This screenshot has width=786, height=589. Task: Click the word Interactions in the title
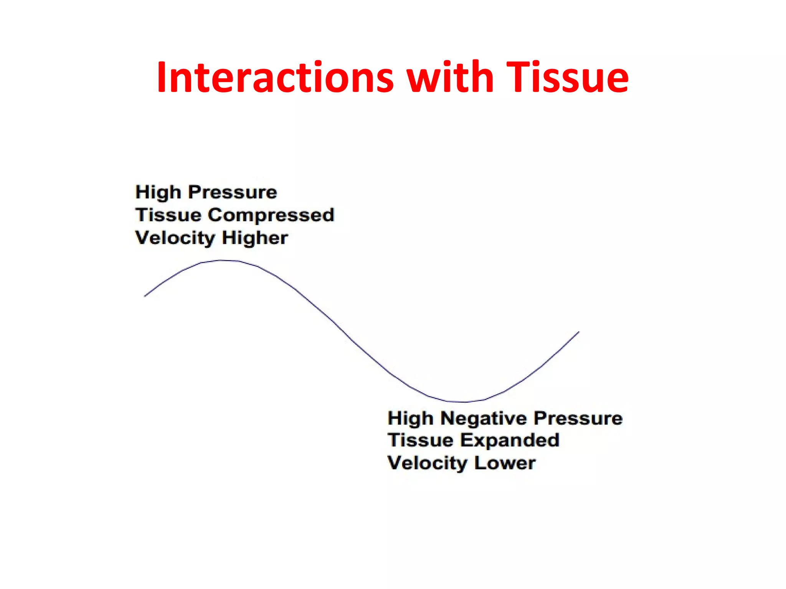[x=275, y=78]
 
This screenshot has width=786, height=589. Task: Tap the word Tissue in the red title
[x=567, y=78]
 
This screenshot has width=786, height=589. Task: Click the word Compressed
[x=271, y=216]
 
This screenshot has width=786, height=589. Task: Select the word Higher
[x=255, y=238]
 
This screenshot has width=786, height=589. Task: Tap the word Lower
[x=505, y=463]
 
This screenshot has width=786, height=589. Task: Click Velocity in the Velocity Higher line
[x=175, y=238]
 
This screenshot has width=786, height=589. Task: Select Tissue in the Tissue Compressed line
[x=168, y=215]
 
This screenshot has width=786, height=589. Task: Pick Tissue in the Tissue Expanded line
[x=420, y=440]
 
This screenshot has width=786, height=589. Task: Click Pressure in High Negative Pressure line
[x=578, y=418]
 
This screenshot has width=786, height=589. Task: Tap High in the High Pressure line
[x=158, y=192]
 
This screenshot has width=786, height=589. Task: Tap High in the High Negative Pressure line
[x=410, y=418]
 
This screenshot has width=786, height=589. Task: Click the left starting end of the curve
[x=145, y=296]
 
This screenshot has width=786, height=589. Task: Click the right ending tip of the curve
[x=578, y=332]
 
